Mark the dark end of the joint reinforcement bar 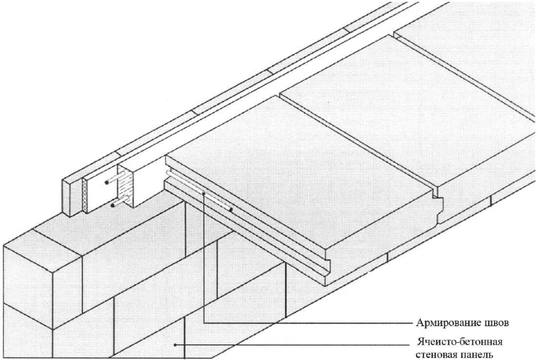tap(232, 209)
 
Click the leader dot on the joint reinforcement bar tap(204, 194)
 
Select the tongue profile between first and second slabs tap(439, 202)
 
